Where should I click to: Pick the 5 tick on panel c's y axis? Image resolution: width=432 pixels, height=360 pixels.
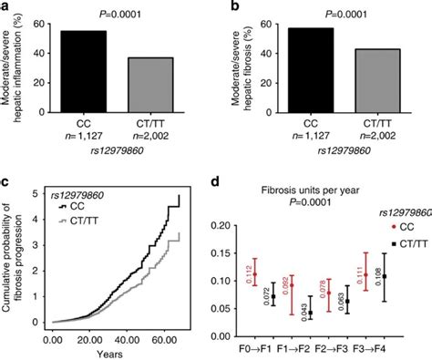[35, 192]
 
